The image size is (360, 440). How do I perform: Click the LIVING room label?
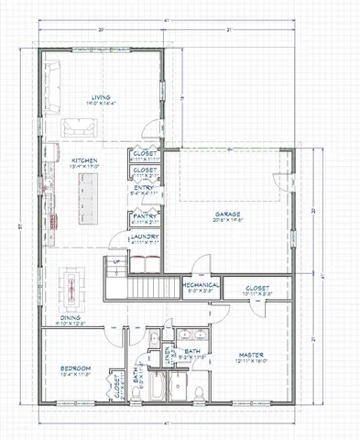coord(101,99)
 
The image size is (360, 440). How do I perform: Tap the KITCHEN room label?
coord(84,162)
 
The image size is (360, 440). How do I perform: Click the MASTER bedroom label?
coord(251,354)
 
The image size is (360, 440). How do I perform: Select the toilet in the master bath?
coord(174,391)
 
